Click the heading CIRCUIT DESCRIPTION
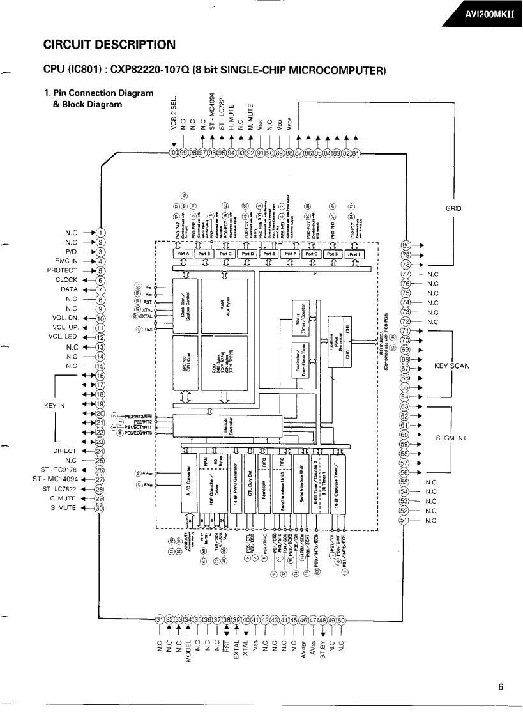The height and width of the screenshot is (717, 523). [109, 45]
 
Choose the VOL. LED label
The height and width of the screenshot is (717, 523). [71, 337]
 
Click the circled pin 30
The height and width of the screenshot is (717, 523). [99, 508]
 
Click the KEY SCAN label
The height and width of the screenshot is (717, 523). [451, 366]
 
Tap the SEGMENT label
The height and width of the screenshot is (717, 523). [451, 438]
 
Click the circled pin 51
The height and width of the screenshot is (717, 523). [405, 520]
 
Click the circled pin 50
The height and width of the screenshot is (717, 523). [341, 620]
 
